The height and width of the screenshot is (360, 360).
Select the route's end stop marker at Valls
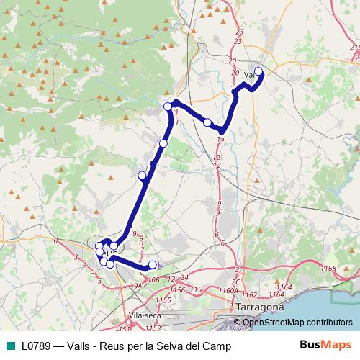(258, 71)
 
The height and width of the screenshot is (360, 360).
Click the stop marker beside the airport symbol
(152, 264)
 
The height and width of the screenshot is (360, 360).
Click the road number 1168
(330, 269)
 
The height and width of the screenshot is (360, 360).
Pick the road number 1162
(250, 295)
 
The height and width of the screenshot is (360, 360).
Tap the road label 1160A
(228, 290)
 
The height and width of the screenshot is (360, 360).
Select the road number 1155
(163, 299)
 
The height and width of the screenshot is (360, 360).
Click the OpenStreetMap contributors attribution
(298, 322)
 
